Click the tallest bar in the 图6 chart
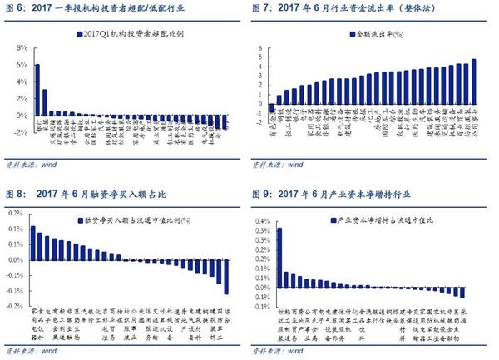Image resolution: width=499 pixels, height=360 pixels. tap(37, 88)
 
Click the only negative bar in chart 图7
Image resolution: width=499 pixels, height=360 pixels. tap(272, 107)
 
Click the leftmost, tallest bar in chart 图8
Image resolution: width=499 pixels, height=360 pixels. tap(32, 242)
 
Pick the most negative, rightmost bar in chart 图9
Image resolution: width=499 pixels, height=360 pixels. tap(462, 292)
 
